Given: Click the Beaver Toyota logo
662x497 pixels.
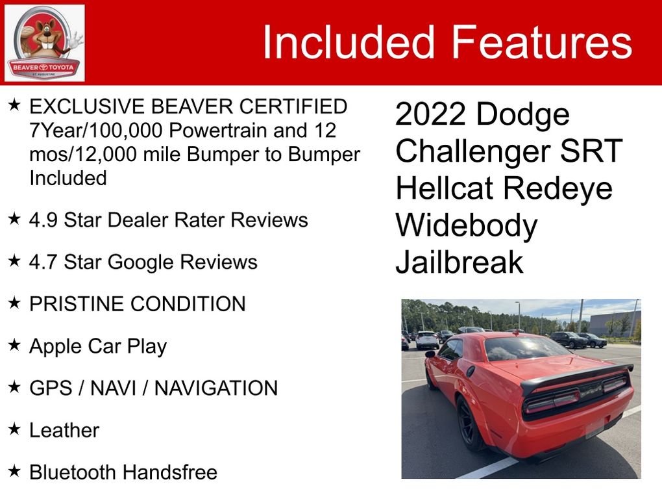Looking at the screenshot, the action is coord(44,43).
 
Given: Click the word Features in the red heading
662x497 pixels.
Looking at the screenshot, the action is coord(542,42).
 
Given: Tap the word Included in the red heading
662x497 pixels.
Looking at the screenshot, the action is coord(349,42).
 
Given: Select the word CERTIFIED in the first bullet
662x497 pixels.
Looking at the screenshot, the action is coord(293,107).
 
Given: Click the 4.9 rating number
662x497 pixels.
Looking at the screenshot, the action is coord(43,220).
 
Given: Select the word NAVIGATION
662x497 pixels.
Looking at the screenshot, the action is coord(215,388).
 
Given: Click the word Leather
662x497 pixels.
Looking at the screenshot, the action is coord(64,430).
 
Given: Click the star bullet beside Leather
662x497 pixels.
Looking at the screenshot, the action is coord(14,429).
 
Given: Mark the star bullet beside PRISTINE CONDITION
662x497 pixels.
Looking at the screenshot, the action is coord(14,302).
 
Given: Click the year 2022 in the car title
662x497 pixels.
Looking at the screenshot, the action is coord(430,114).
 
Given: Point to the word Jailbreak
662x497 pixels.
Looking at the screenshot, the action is coord(460,262).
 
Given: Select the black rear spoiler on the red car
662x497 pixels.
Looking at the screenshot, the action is coord(576,376).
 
